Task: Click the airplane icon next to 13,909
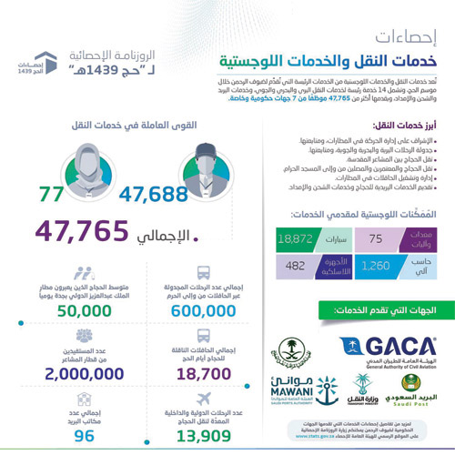[204, 398]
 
